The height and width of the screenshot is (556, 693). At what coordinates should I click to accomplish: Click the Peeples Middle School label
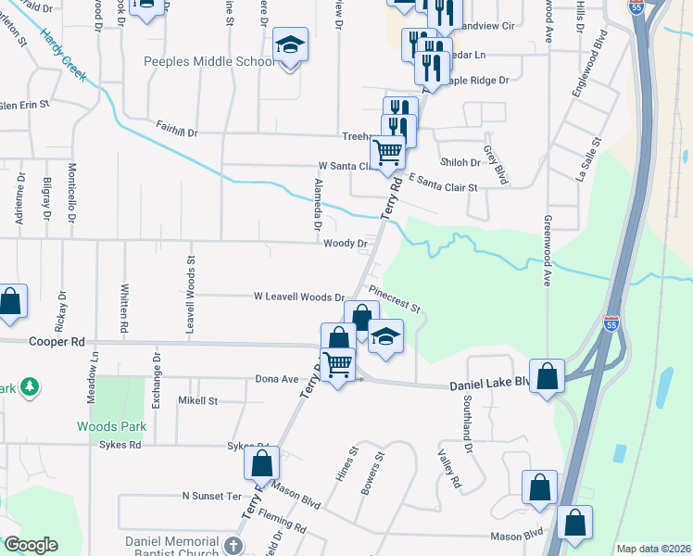(x=209, y=62)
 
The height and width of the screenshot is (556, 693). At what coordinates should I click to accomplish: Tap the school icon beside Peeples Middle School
(x=289, y=44)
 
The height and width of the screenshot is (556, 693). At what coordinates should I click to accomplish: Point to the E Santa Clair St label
(x=442, y=183)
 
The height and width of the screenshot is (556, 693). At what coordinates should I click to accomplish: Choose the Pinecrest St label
(x=395, y=297)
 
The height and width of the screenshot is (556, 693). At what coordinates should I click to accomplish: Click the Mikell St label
(x=197, y=401)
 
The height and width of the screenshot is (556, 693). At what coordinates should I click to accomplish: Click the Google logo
(x=31, y=545)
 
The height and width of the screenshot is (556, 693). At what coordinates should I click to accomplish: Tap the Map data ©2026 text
(x=653, y=549)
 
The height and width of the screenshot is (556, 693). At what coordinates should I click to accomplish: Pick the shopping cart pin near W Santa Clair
(x=387, y=151)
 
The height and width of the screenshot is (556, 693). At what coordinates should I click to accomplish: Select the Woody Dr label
(x=346, y=244)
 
